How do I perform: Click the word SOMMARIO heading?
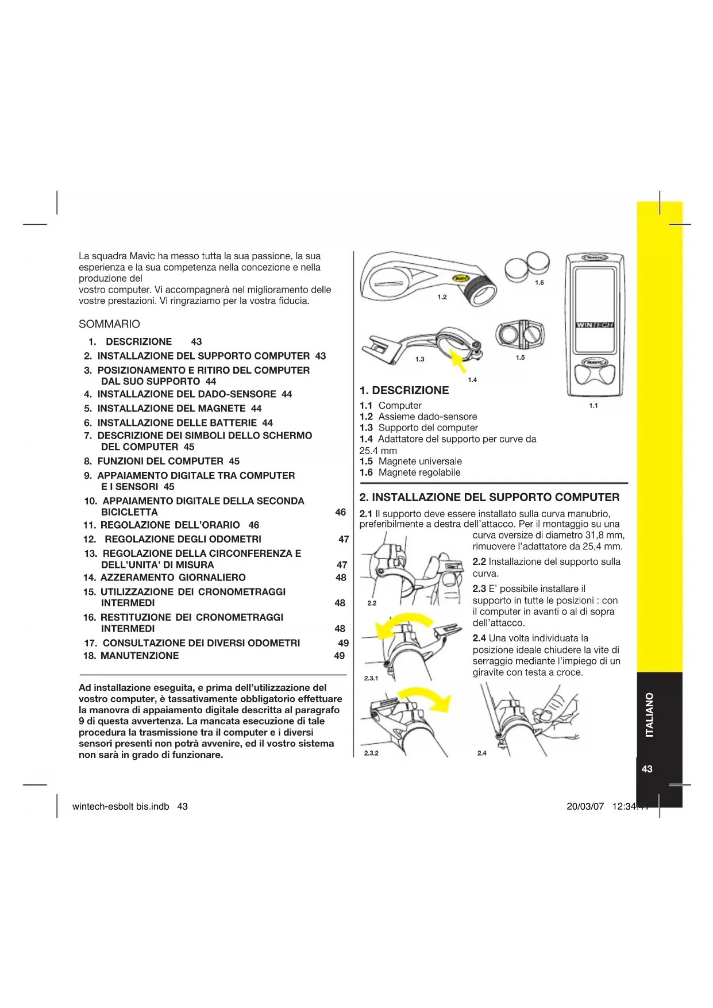pos(109,324)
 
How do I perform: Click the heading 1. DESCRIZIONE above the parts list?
pos(404,391)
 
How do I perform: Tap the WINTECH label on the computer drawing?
pos(594,325)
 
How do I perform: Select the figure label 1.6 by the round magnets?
pos(539,283)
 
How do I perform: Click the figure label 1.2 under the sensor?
pos(442,297)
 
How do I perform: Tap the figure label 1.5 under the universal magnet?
pos(520,357)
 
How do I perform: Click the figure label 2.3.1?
pos(371,678)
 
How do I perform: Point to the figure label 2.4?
pos(481,753)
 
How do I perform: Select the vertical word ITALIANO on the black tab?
pos(649,715)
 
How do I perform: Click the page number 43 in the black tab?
pos(647,769)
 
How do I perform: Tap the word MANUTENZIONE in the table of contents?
pos(140,656)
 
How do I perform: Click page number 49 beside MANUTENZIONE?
pos(340,656)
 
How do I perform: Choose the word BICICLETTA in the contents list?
pos(129,512)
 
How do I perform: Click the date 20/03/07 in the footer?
pos(585,806)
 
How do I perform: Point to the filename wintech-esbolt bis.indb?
pos(121,806)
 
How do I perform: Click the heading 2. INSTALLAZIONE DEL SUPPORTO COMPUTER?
pos(490,498)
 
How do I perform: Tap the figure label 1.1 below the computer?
pos(593,406)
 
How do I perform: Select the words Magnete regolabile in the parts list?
pos(419,472)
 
